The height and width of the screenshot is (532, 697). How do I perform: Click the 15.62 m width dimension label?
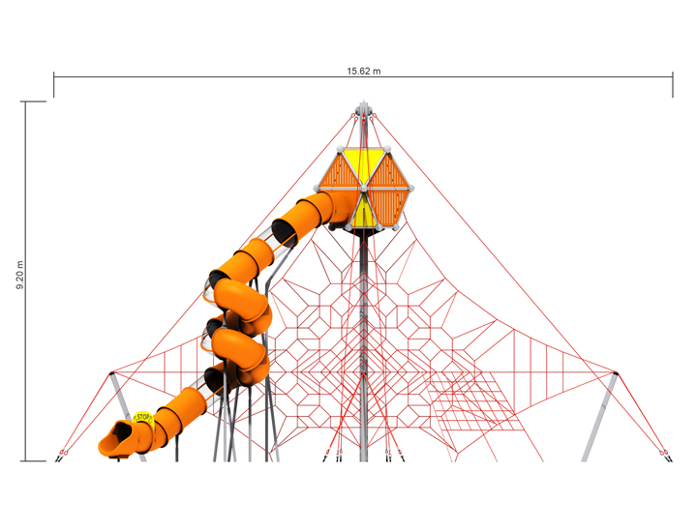pos(364,71)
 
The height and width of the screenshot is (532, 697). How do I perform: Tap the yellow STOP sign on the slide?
pos(143,418)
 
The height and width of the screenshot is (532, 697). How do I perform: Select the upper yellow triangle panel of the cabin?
pos(365,166)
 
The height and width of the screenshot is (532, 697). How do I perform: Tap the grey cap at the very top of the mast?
pos(363,111)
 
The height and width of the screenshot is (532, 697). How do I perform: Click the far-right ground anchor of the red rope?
pos(664,453)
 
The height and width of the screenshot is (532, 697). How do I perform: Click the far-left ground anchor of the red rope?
pos(64,453)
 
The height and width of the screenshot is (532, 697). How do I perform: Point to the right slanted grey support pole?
pos(599,416)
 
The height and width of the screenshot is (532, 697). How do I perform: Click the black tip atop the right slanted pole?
pos(616,371)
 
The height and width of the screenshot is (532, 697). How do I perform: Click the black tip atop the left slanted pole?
pos(111,371)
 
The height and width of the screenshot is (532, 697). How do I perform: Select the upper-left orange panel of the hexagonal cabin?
pos(338,169)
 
